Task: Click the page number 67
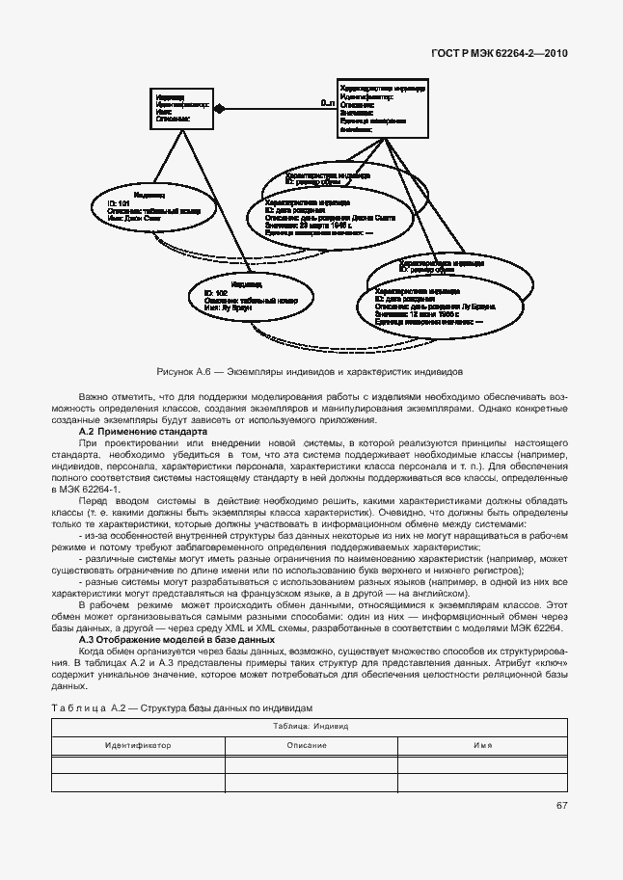pyautogui.click(x=560, y=807)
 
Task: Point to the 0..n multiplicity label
pyautogui.click(x=326, y=100)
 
